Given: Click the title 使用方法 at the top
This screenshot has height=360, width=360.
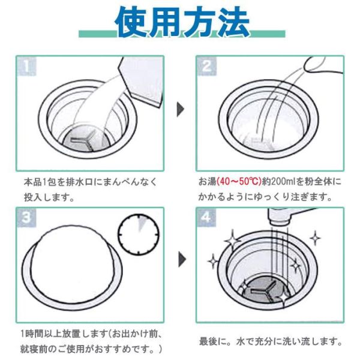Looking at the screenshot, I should pos(182,23).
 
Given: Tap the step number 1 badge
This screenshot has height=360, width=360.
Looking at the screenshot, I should pos(25,66).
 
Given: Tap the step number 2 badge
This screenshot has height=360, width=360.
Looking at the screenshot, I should pos(206,66).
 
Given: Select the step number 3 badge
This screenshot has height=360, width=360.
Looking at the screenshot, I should pos(25,217).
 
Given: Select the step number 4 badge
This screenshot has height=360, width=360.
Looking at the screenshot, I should pos(206,217).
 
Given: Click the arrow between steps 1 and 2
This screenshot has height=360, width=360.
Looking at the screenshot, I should pos(179,110).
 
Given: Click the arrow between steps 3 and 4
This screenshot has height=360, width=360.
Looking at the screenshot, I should pos(179,262).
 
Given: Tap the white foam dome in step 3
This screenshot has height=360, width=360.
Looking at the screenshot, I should pos(71,264).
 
